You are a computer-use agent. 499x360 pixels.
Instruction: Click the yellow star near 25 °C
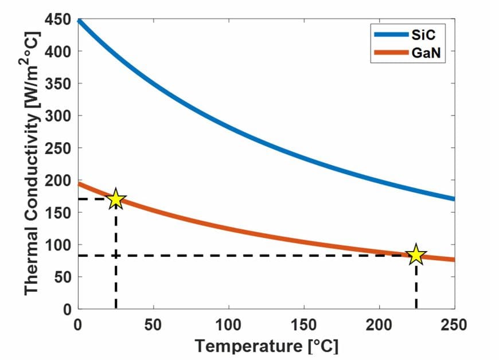tap(116, 199)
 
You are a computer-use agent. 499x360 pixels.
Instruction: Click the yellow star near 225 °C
tap(416, 255)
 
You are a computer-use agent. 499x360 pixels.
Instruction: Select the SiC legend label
tap(420, 34)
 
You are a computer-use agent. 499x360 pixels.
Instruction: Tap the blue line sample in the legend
tap(390, 34)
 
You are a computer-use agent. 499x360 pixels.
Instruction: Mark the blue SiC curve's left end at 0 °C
tap(79, 21)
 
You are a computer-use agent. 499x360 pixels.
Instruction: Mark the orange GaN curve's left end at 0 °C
tap(79, 183)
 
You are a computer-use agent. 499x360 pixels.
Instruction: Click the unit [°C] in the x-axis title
tap(323, 346)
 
